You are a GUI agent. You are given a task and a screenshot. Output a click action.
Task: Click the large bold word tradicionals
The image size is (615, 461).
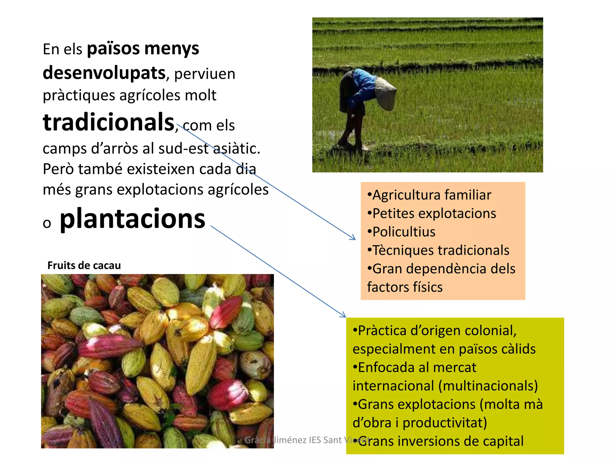point(108,122)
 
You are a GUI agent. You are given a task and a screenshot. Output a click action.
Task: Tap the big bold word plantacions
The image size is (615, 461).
point(132,218)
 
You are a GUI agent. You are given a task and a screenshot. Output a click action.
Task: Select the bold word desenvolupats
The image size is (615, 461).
point(104,73)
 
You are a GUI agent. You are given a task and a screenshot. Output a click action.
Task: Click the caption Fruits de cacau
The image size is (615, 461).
point(84,265)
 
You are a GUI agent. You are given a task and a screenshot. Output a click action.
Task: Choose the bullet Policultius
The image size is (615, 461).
point(404,232)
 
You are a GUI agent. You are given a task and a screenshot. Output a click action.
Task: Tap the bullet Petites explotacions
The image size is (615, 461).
point(434,214)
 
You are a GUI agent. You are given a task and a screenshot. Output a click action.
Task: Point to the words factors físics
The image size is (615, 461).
point(404,287)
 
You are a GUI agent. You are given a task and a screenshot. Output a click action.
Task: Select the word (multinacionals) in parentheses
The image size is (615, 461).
point(488,386)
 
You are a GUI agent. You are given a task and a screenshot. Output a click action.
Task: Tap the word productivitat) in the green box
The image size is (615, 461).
point(444,423)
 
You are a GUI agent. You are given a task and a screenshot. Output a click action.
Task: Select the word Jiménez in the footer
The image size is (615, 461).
point(289,440)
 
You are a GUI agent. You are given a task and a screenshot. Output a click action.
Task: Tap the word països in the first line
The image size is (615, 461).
point(113,49)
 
